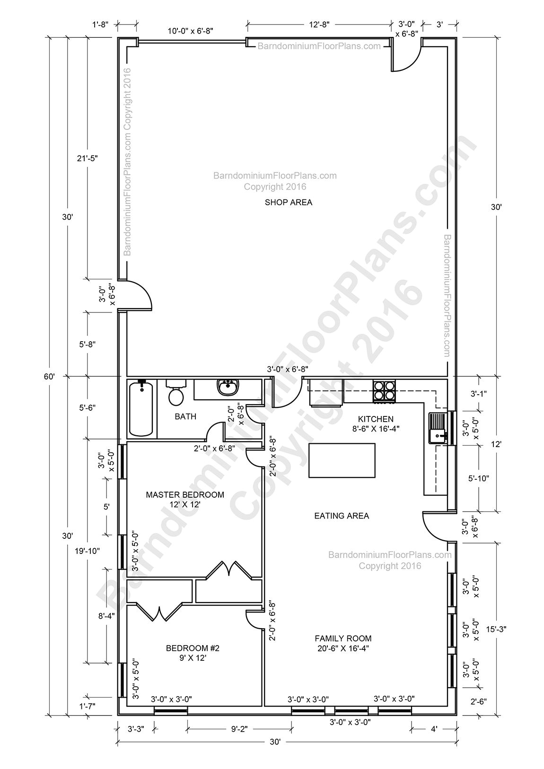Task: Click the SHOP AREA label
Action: (288, 202)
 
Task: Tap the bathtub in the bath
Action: (141, 409)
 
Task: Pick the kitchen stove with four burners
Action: (384, 391)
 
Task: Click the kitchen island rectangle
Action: (342, 460)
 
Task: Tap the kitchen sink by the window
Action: (438, 428)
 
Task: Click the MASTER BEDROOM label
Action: (184, 495)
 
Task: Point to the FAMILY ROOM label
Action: (343, 638)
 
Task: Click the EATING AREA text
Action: (342, 516)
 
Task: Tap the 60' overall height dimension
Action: (51, 376)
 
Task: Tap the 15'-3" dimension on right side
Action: (495, 629)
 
